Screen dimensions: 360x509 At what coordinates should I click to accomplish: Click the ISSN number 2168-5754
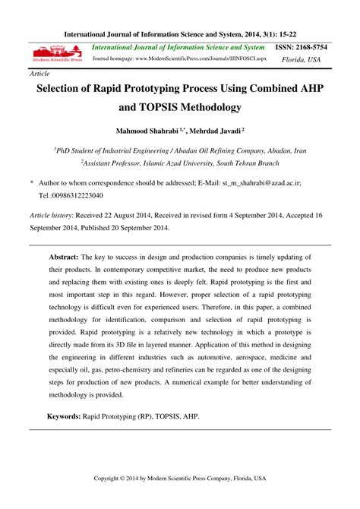point(313,47)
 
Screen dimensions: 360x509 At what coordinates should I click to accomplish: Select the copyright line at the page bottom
point(180,478)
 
